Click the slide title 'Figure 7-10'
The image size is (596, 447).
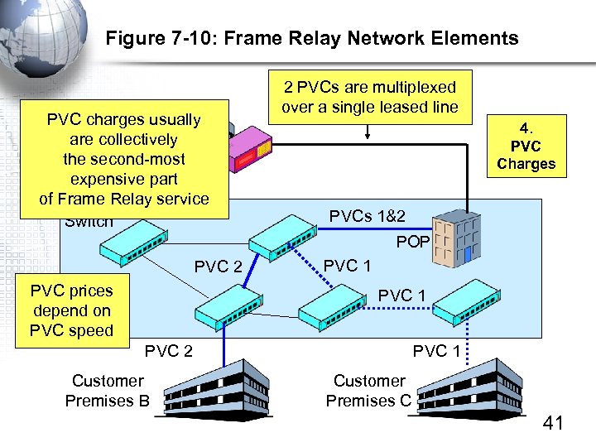312,38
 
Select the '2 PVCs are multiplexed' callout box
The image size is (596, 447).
369,97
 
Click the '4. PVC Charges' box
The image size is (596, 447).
526,146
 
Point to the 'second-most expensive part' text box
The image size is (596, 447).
124,159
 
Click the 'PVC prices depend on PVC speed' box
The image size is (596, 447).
71,311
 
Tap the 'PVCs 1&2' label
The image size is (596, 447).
368,217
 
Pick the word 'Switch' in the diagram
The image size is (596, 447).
89,222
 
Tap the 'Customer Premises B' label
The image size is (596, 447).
108,391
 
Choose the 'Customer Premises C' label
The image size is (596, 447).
368,391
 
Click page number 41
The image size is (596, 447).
552,424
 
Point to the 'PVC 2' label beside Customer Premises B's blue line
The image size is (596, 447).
168,351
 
